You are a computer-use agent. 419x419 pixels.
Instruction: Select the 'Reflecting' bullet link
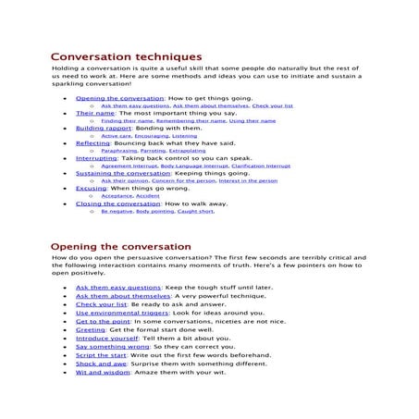point(92,143)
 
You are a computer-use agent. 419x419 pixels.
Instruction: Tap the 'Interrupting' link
point(96,159)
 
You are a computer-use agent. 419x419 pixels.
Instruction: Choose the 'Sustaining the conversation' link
point(118,174)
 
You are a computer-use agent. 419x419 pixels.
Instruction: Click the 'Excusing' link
point(91,189)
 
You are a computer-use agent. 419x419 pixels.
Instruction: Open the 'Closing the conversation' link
point(112,203)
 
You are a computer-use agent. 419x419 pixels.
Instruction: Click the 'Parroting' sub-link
point(154,151)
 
